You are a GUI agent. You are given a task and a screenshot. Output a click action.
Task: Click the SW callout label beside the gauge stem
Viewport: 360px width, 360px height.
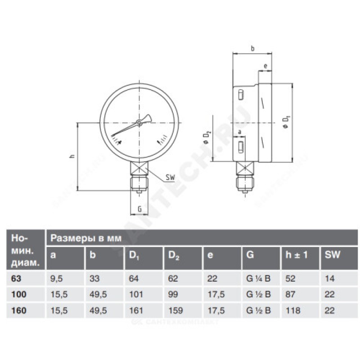click(171, 177)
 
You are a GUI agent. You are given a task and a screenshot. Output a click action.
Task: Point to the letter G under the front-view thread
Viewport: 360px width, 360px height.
click(139, 209)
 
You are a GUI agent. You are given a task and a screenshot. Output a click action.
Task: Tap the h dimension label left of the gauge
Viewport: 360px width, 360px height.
click(72, 156)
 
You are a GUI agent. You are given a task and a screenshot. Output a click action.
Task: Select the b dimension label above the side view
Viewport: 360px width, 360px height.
click(252, 49)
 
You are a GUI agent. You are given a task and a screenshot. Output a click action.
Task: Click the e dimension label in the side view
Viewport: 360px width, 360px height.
click(265, 66)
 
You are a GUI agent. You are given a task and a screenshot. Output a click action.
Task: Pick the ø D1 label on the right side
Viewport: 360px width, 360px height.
click(287, 122)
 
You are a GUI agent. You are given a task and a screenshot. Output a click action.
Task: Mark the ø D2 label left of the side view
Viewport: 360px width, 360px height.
click(207, 137)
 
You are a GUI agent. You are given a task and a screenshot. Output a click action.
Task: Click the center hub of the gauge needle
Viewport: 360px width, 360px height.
click(139, 122)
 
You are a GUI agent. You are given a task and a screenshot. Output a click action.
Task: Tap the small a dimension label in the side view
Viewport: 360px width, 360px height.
click(240, 132)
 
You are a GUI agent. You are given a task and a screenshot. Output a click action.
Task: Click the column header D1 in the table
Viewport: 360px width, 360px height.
click(134, 255)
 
